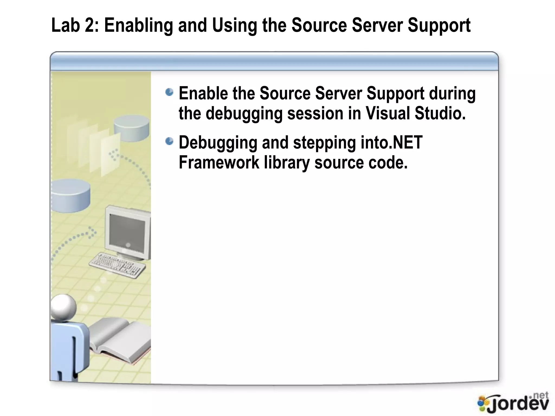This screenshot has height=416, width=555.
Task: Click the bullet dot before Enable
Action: (x=169, y=92)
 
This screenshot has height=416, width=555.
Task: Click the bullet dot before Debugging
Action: (x=169, y=141)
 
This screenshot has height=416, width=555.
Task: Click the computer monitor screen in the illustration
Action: (x=127, y=230)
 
